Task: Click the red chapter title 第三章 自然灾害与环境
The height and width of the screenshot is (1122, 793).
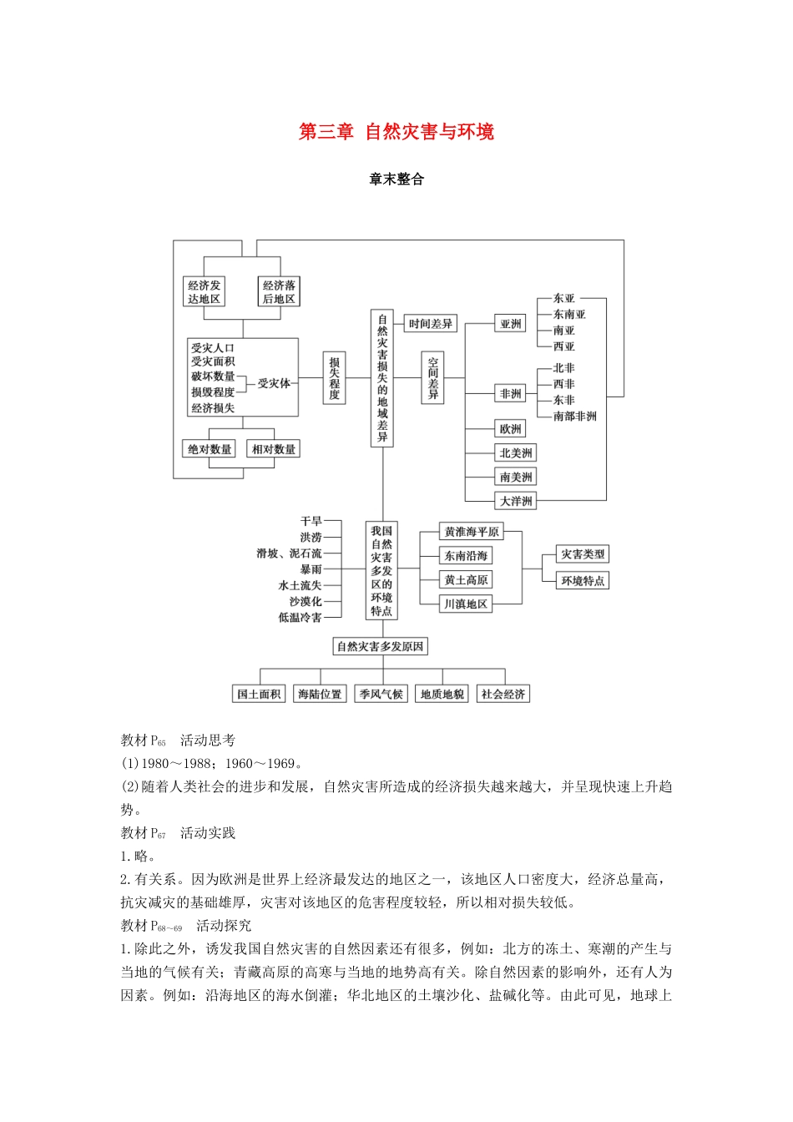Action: click(396, 132)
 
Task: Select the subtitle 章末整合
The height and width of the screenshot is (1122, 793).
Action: click(396, 179)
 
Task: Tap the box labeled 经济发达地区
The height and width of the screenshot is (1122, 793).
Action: click(204, 291)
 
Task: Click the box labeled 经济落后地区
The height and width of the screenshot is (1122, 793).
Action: click(279, 291)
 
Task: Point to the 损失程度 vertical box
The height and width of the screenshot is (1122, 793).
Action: click(334, 377)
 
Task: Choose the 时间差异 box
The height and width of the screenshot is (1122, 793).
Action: click(431, 324)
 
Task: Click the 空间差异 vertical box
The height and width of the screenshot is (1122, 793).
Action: click(432, 377)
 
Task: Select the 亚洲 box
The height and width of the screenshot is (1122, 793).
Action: click(510, 324)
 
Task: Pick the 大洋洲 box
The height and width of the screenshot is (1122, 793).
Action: click(515, 501)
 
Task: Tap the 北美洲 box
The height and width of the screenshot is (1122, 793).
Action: click(515, 452)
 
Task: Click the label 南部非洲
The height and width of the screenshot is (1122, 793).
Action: click(574, 416)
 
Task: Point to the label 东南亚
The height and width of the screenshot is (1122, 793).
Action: click(569, 314)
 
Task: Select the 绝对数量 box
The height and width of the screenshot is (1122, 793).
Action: click(210, 449)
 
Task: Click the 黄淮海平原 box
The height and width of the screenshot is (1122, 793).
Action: click(472, 532)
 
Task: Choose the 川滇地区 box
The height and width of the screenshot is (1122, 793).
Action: click(466, 604)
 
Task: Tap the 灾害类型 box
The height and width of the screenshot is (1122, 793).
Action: click(583, 554)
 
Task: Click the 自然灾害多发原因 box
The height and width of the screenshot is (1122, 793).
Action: click(380, 646)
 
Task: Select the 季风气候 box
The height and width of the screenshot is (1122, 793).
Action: click(381, 694)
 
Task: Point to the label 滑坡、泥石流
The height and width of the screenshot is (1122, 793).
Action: click(289, 553)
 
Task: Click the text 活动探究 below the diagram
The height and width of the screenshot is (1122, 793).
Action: click(224, 925)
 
